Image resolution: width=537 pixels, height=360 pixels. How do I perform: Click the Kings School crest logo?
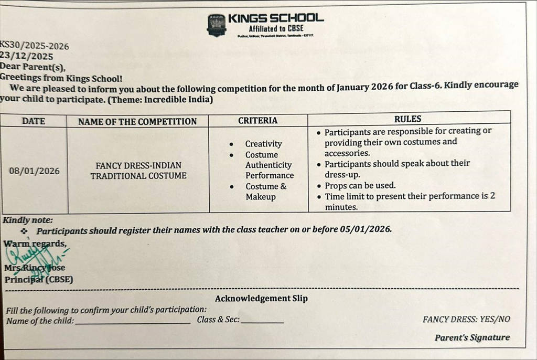(x=217, y=25)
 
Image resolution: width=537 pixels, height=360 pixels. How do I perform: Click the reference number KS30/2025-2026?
(x=35, y=46)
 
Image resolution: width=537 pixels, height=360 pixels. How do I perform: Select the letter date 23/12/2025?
(x=27, y=56)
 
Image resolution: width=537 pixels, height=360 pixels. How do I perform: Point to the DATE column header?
(x=34, y=121)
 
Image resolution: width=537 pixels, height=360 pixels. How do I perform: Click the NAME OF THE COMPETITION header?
(x=137, y=122)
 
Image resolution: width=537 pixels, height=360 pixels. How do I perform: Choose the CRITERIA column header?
(x=257, y=121)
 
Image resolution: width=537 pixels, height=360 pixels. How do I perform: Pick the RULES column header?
(x=407, y=119)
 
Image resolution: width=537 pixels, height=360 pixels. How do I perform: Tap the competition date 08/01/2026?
(x=35, y=171)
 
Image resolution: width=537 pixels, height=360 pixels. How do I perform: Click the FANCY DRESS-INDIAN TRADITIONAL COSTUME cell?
(x=138, y=171)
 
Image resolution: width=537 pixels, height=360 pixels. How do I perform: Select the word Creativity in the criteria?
(x=263, y=144)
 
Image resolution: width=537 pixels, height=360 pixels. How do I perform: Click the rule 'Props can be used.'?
(x=360, y=186)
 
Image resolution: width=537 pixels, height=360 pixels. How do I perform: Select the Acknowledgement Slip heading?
(x=261, y=299)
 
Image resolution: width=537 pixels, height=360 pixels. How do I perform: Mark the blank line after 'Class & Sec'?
(x=262, y=321)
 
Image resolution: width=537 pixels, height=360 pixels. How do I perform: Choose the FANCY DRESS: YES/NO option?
(x=466, y=319)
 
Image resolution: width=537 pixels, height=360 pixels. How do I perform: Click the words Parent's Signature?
(x=471, y=338)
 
